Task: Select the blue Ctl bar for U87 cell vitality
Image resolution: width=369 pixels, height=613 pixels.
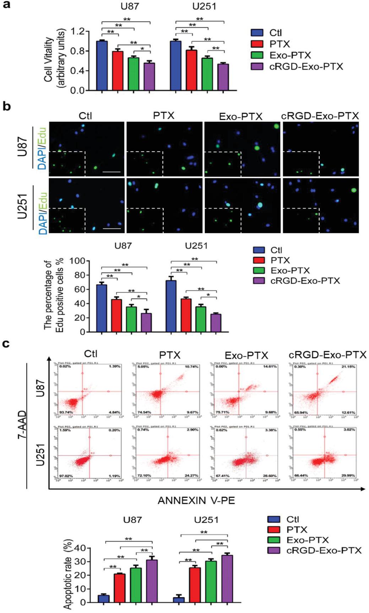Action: [x=102, y=66]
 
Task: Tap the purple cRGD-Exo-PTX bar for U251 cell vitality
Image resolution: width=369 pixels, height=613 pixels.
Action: [x=223, y=77]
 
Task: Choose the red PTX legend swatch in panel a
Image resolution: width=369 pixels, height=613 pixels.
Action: [x=257, y=44]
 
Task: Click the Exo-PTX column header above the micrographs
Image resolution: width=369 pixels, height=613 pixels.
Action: [x=241, y=117]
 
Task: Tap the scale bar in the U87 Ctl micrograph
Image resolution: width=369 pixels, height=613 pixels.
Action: [x=112, y=172]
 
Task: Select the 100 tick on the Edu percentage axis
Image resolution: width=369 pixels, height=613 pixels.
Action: [x=77, y=261]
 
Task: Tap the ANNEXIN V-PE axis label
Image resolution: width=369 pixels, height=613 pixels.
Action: [x=196, y=501]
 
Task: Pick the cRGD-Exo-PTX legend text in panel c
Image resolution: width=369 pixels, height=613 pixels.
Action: [x=324, y=550]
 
